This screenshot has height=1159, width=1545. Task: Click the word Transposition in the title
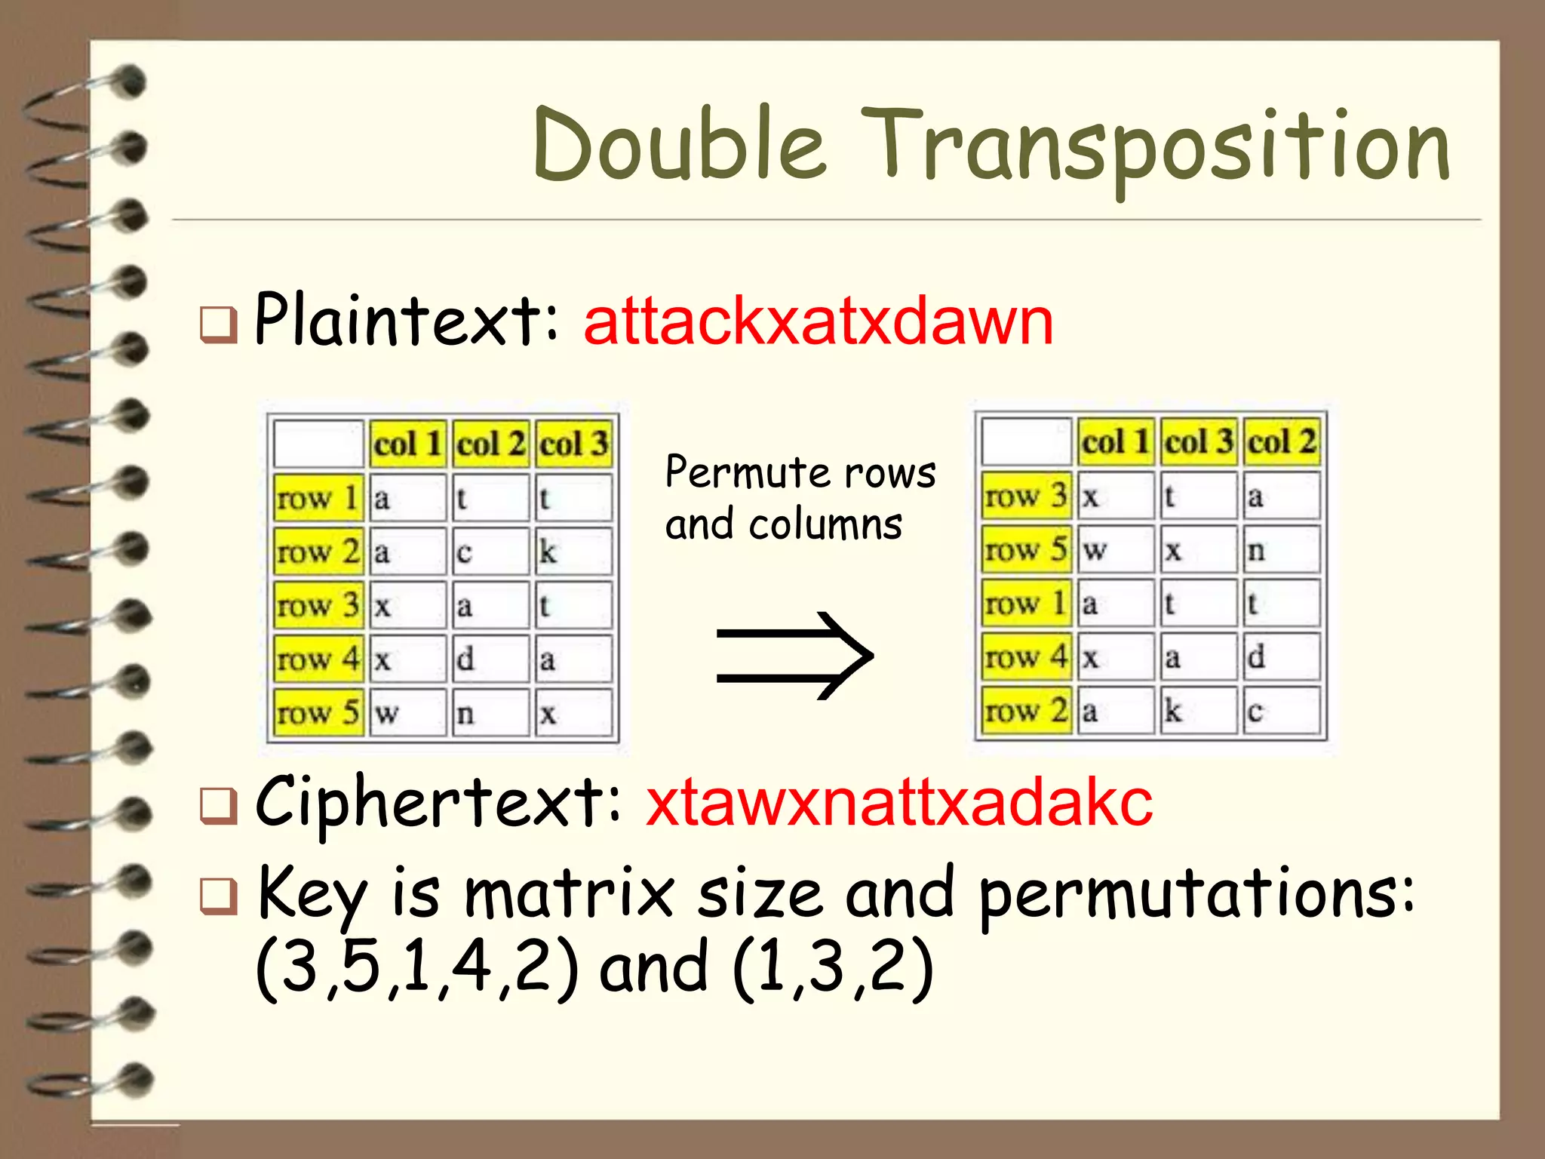(1154, 147)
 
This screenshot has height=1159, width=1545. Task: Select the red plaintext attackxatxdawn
(818, 322)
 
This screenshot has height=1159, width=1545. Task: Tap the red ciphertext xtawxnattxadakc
(898, 803)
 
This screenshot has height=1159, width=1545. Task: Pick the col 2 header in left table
(490, 444)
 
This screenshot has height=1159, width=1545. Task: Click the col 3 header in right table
(1198, 441)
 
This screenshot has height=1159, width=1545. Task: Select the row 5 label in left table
(318, 712)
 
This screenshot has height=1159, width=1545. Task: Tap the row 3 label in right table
(1025, 496)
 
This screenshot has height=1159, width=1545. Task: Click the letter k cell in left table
(572, 552)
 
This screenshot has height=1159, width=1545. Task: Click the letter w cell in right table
(1114, 549)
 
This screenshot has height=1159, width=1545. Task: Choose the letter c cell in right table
(1280, 710)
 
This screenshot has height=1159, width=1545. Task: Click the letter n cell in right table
(1280, 549)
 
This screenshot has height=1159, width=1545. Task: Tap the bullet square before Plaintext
(218, 324)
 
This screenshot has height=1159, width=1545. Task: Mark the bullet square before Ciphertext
(218, 805)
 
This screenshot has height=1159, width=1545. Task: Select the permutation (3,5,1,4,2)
(417, 968)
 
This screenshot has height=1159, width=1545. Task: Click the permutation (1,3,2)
(833, 968)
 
